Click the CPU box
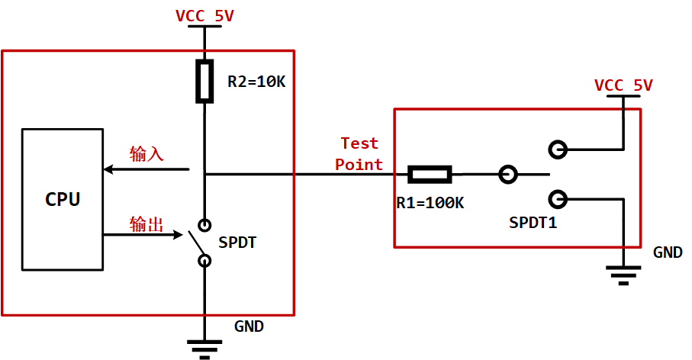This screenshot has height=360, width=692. (x=62, y=199)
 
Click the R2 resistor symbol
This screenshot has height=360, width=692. (x=204, y=82)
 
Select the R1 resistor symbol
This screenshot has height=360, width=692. (x=430, y=175)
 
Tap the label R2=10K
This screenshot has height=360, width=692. (x=256, y=82)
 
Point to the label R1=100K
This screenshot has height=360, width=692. (x=430, y=203)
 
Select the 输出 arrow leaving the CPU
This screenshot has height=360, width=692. (x=145, y=235)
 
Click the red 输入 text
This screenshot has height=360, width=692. (x=146, y=153)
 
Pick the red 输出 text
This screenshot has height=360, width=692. (x=146, y=223)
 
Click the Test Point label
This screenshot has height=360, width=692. (x=359, y=153)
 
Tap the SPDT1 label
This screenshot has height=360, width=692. (x=535, y=223)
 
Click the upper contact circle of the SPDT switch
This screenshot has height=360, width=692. (x=204, y=225)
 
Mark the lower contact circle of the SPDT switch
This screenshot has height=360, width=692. (x=204, y=261)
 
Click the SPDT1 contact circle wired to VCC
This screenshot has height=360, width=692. (x=558, y=149)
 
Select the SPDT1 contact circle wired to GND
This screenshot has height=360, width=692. (x=558, y=199)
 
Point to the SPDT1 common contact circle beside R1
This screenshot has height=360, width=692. (x=507, y=175)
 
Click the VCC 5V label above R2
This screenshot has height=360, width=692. (x=204, y=16)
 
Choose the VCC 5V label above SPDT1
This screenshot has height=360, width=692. (x=623, y=85)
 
